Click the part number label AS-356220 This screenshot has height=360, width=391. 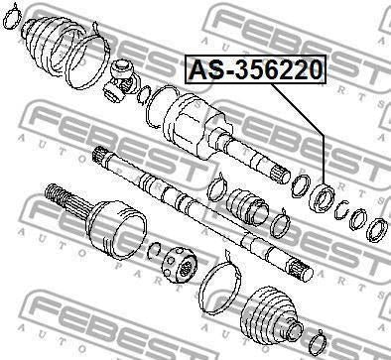point(256,69)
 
